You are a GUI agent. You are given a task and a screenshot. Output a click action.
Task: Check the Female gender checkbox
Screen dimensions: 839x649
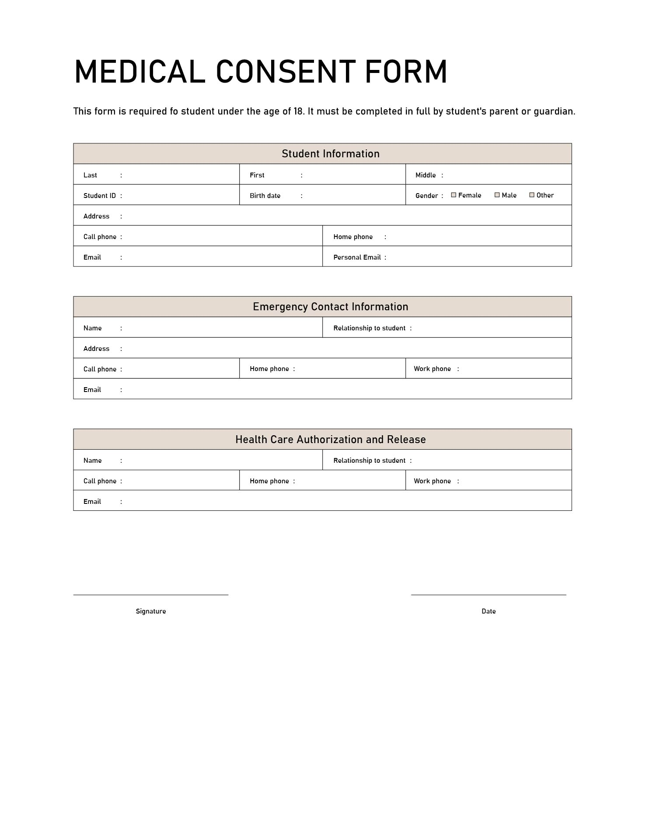click(x=454, y=195)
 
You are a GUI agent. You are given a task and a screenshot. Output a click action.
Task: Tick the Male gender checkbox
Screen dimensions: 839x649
click(x=497, y=195)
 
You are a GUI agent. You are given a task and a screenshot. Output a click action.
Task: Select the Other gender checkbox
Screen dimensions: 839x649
click(x=532, y=195)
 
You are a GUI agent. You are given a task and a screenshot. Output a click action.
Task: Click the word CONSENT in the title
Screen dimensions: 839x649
click(x=285, y=72)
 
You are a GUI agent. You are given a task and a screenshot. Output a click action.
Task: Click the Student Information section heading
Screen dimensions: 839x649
click(x=330, y=154)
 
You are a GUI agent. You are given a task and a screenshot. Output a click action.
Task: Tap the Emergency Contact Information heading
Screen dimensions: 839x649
click(x=330, y=307)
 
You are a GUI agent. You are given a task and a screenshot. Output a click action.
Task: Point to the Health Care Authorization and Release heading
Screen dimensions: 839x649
click(x=330, y=440)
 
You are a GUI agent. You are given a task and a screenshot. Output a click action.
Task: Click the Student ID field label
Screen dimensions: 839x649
click(x=100, y=196)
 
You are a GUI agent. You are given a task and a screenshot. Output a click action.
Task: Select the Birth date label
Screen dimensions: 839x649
click(x=265, y=196)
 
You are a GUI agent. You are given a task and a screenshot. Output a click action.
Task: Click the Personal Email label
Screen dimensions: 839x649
click(x=357, y=257)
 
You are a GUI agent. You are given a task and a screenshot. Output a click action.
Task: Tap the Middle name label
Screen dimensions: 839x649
click(x=426, y=175)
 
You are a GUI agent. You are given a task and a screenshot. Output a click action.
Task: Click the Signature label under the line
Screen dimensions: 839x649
click(x=151, y=611)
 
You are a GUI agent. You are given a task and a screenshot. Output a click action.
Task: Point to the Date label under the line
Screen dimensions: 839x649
click(x=488, y=611)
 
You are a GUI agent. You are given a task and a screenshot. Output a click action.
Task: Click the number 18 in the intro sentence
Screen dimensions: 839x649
click(x=298, y=111)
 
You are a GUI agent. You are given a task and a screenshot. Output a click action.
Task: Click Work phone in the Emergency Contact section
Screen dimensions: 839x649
click(x=432, y=369)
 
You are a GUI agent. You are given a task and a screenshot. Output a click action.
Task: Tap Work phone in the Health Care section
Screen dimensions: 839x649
click(x=432, y=481)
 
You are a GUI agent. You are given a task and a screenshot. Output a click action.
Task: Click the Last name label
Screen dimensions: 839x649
click(x=90, y=175)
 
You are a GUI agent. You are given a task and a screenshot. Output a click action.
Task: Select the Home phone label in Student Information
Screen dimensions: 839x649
click(x=353, y=237)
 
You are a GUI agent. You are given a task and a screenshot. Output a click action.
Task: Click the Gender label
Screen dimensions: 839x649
click(x=426, y=196)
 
